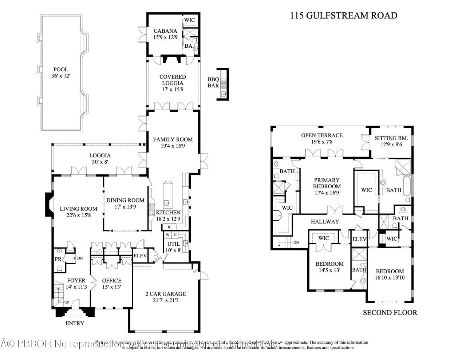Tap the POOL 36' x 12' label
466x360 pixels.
[x=60, y=73]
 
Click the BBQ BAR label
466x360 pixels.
[x=213, y=83]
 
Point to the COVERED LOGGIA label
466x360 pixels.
[x=173, y=80]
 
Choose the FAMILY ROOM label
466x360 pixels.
[x=173, y=139]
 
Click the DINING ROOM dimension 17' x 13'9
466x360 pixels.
[x=125, y=207]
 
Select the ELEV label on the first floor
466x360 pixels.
[x=140, y=256]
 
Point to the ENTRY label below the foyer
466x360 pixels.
[x=75, y=323]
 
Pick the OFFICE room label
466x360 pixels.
[x=111, y=281]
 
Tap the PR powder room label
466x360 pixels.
[x=58, y=259]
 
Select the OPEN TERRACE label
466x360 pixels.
[x=321, y=135]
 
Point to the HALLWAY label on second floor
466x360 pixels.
[x=325, y=221]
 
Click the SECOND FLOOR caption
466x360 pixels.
[x=390, y=312]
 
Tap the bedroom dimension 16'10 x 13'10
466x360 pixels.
[x=390, y=278]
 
